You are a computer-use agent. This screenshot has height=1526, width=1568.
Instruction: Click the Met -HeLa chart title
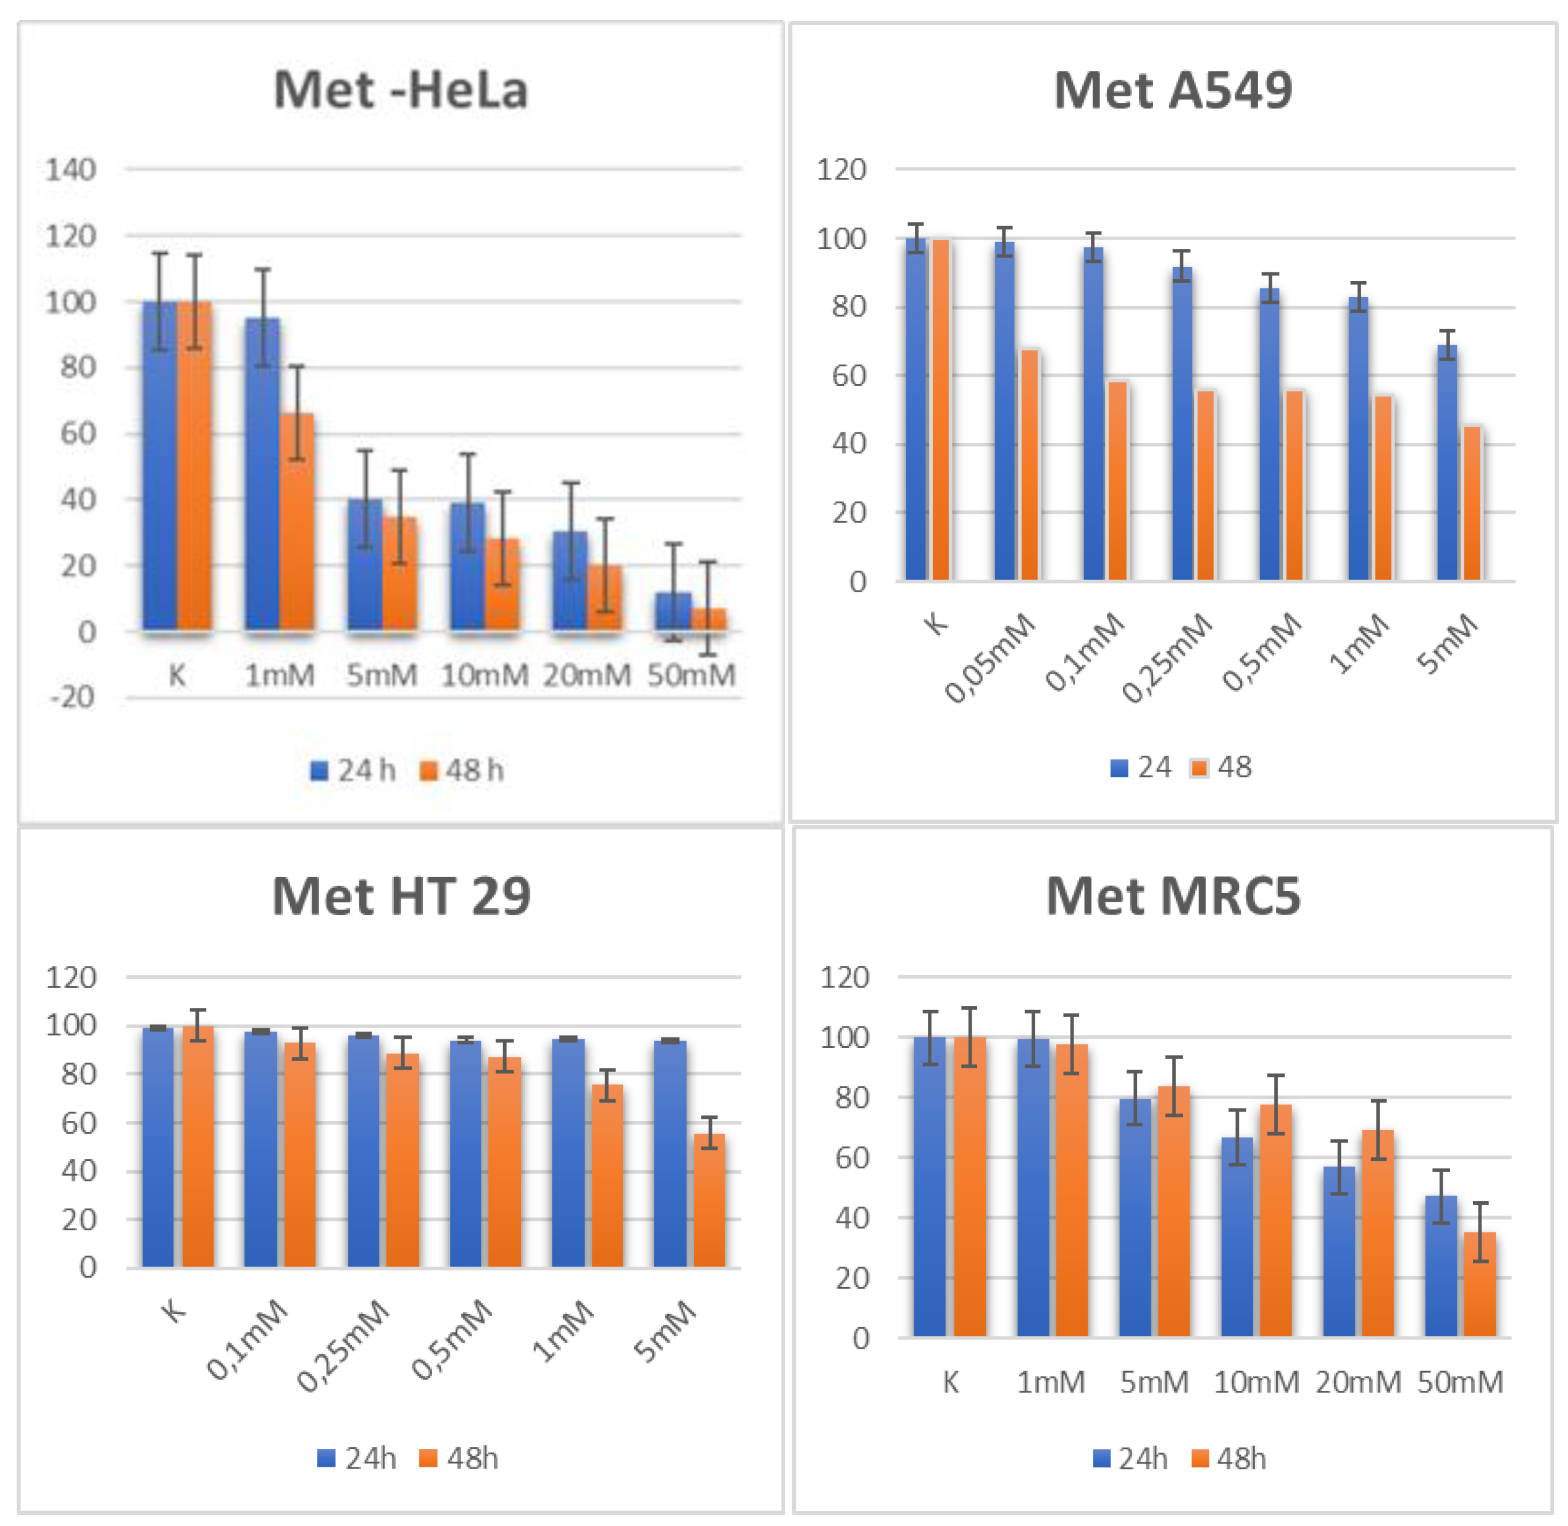pyautogui.click(x=401, y=90)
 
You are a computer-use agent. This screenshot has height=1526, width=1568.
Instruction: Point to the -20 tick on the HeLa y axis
pyautogui.click(x=72, y=698)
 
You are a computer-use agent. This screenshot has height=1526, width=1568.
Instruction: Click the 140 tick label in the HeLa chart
pyautogui.click(x=70, y=170)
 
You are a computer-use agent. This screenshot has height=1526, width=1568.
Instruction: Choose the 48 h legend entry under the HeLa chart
pyautogui.click(x=462, y=771)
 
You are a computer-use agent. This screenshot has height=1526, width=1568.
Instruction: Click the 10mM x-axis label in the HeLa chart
pyautogui.click(x=484, y=676)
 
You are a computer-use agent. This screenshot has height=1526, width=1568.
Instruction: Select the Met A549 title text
pyautogui.click(x=1172, y=90)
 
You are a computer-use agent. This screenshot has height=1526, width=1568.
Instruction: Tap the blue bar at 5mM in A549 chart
pyautogui.click(x=1446, y=465)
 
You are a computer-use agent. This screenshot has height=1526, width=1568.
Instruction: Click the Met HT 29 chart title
pyautogui.click(x=401, y=896)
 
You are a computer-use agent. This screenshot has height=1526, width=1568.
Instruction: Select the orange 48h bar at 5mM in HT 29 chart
pyautogui.click(x=709, y=1202)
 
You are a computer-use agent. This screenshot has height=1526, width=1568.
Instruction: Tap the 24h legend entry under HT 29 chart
pyautogui.click(x=357, y=1459)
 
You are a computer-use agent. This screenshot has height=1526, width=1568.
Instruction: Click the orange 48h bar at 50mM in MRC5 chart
pyautogui.click(x=1479, y=1286)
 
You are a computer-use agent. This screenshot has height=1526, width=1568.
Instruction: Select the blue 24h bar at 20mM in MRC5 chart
pyautogui.click(x=1338, y=1254)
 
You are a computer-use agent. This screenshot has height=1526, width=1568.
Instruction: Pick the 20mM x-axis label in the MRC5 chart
pyautogui.click(x=1357, y=1383)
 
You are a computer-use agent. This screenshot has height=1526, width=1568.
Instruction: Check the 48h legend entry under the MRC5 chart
pyautogui.click(x=1229, y=1459)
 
